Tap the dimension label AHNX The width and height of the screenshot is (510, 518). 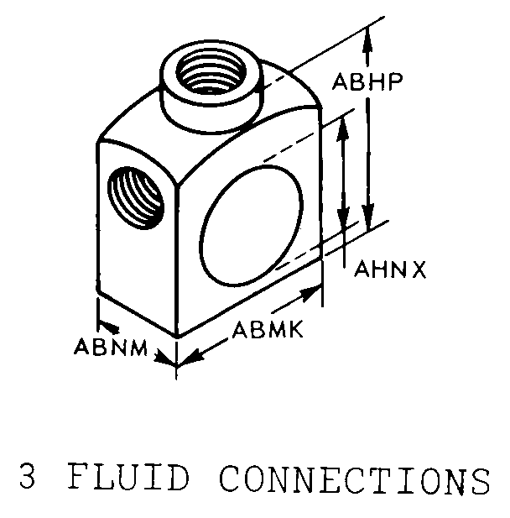pos(390,269)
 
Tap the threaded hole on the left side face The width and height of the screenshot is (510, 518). pos(137,197)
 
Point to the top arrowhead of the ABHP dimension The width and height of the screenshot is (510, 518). pos(367,34)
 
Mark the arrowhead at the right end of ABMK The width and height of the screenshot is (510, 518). pos(316,292)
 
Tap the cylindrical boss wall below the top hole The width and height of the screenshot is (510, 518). pos(206,107)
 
